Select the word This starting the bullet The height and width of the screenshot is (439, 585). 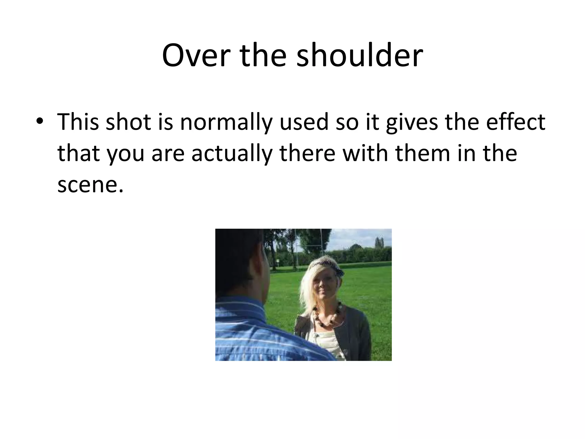tap(78, 122)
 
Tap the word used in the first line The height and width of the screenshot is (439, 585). tap(304, 122)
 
